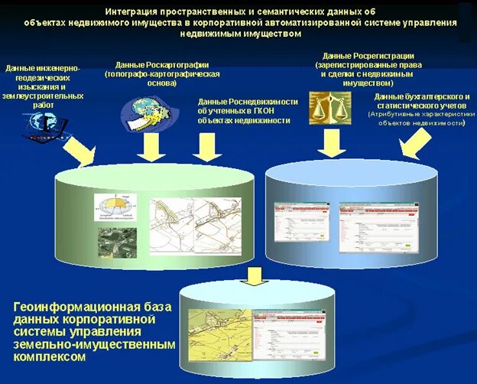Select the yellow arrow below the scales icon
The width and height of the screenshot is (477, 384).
coord(332,142)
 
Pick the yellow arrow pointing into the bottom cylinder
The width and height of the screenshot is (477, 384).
coord(255,275)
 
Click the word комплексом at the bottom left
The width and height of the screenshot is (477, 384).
coord(47,356)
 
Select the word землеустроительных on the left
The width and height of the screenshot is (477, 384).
coord(43,97)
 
